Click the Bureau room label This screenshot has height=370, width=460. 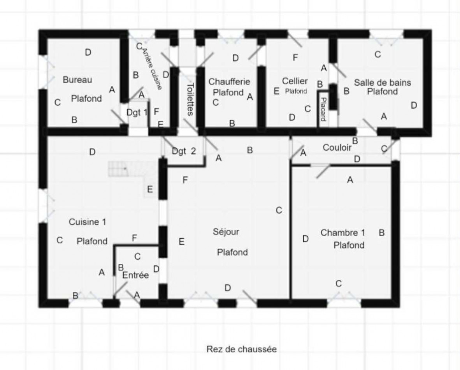click(77, 80)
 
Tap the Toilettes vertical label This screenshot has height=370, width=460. click(190, 99)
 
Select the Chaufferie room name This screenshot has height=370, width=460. click(229, 82)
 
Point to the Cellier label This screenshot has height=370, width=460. click(295, 81)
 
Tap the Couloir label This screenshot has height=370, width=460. click(337, 148)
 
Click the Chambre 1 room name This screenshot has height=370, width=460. click(343, 233)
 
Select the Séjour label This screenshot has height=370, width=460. click(226, 232)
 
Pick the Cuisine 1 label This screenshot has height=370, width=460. click(88, 222)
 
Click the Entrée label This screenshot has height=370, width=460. click(135, 275)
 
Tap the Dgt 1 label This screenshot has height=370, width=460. click(137, 112)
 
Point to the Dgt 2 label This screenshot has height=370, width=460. click(184, 151)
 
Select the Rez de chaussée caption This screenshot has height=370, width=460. click(241, 349)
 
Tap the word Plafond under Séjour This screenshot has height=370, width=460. click(232, 252)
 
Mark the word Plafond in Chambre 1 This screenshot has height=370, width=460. click(349, 245)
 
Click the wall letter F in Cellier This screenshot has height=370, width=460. click(295, 58)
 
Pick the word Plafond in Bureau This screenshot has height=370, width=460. click(86, 99)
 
